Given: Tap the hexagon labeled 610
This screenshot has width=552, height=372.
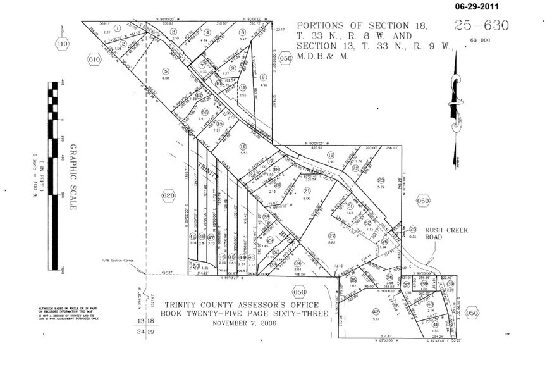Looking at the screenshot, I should [x=94, y=59].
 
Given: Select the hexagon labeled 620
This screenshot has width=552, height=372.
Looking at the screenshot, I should [x=168, y=196].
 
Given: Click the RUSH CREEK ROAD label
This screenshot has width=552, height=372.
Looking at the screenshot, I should [x=446, y=234].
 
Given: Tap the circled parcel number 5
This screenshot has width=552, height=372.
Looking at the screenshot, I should [x=166, y=71].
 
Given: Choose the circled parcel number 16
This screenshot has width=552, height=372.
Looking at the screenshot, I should [x=243, y=146].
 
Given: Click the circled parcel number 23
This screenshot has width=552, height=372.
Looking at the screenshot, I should [x=381, y=180].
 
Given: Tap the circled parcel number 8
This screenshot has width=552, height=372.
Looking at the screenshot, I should [x=263, y=77].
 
